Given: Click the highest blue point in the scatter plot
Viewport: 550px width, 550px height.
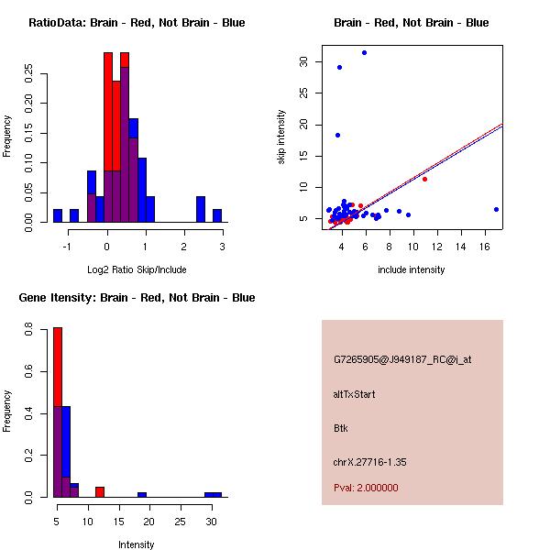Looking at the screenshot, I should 364,52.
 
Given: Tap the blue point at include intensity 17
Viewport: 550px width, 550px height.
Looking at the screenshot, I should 496,209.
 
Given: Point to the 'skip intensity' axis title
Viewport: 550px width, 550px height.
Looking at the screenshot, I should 281,137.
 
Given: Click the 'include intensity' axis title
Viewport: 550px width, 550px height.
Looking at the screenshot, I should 411,269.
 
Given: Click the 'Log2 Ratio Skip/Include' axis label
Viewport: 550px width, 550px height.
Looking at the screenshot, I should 137,269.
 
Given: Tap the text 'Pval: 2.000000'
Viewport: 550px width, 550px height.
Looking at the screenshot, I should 366,488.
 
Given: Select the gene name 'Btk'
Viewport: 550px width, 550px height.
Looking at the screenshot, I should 341,428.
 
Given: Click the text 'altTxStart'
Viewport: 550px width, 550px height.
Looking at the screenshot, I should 354,394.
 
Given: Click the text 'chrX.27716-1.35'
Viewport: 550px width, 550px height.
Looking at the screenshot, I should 369,462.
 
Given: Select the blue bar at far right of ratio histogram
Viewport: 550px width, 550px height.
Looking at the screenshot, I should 217,215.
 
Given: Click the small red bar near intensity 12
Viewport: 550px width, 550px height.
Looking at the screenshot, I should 100,491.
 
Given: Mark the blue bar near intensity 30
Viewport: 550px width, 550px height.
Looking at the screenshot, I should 213,494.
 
